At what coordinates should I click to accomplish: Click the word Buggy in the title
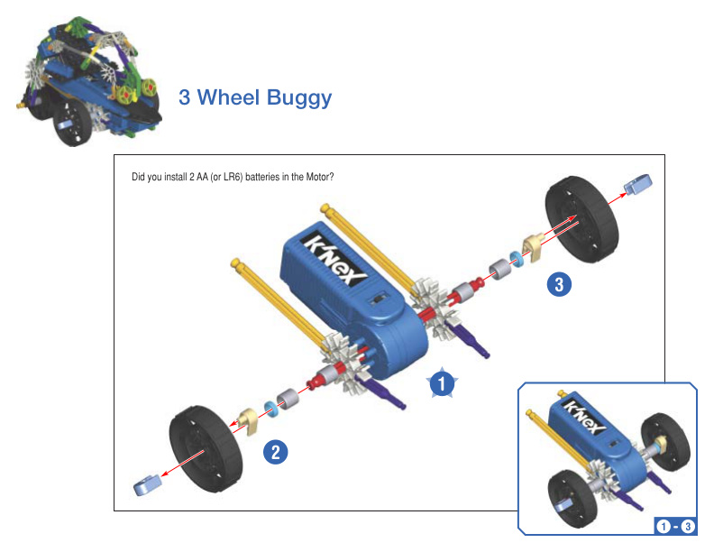(299, 99)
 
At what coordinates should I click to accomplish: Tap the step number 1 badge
(442, 382)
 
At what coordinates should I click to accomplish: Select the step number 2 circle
(276, 452)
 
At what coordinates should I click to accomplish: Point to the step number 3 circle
(559, 284)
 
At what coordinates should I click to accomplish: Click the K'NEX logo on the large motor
(334, 258)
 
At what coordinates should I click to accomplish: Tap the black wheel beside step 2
(206, 448)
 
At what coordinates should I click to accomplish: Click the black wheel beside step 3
(582, 219)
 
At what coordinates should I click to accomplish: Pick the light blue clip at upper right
(638, 184)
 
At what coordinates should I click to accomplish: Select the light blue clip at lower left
(148, 484)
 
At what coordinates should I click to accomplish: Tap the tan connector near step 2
(248, 420)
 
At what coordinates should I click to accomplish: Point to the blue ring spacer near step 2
(271, 409)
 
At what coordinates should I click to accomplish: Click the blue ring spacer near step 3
(517, 259)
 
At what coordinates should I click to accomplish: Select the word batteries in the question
(262, 177)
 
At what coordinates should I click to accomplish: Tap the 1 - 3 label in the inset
(675, 527)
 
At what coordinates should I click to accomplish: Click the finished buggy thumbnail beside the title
(88, 81)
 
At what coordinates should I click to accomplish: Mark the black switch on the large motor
(379, 299)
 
